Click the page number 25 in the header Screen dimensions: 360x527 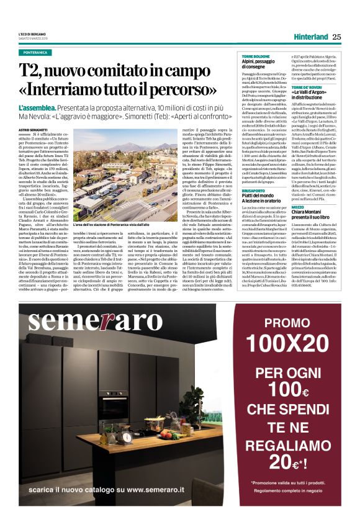tap(337, 37)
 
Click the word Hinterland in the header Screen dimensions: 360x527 tap(311, 37)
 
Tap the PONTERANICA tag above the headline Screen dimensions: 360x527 tap(40, 53)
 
